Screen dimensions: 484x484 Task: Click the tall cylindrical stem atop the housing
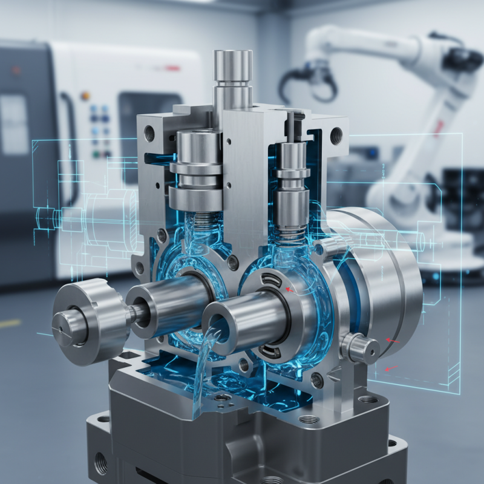coord(233,79)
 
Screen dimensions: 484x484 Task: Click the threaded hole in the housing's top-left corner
coord(149,130)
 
